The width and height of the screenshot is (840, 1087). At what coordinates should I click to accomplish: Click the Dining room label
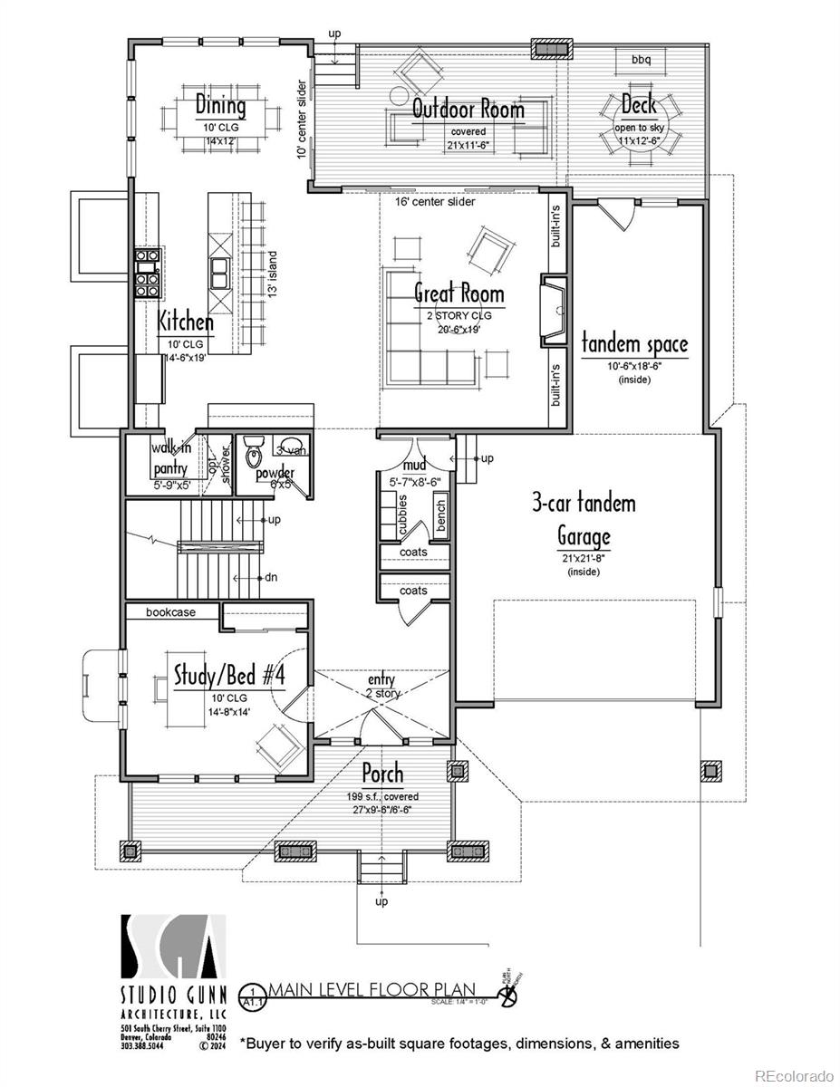pos(220,105)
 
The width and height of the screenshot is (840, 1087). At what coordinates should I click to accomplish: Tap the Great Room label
pos(459,293)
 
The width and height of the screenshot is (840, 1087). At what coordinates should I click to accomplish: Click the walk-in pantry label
pos(170,458)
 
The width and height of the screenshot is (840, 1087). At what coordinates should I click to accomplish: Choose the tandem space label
pos(634,344)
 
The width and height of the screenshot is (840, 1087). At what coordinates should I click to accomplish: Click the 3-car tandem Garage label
pos(584,518)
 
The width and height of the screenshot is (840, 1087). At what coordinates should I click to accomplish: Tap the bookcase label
pos(171,612)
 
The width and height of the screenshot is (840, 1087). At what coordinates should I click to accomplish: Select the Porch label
pos(382,774)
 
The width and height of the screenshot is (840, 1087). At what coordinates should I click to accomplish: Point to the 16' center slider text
pos(434,202)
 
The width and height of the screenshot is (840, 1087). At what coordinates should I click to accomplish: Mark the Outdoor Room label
pos(468,110)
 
